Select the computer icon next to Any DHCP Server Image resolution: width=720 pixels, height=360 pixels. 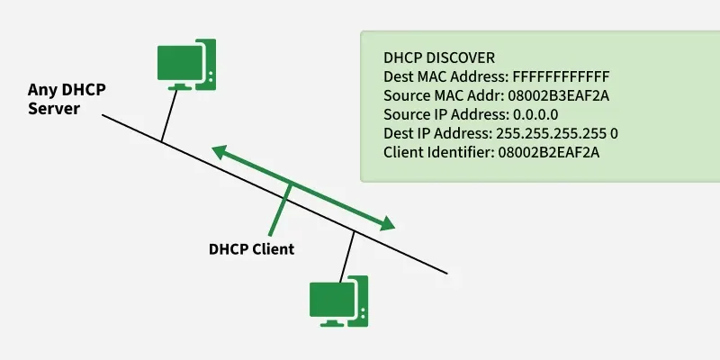[185, 63]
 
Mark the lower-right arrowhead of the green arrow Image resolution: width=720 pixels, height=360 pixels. [388, 224]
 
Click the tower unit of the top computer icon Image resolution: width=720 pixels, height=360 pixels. [205, 61]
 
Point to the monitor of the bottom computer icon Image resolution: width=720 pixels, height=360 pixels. [328, 300]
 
